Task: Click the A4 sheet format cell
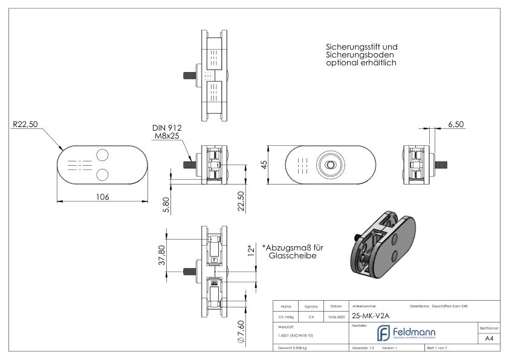pyautogui.click(x=491, y=339)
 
